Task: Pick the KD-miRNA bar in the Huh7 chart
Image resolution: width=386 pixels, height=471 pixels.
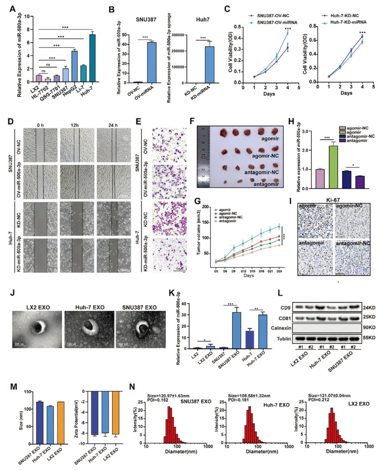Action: pyautogui.click(x=209, y=65)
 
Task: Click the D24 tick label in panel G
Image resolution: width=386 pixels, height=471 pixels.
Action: pyautogui.click(x=279, y=271)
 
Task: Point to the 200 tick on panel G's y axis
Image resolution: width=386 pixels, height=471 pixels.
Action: pyautogui.click(x=206, y=207)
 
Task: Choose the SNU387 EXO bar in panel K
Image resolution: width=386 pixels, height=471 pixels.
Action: pyautogui.click(x=237, y=330)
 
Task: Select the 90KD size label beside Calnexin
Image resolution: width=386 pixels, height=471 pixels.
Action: pyautogui.click(x=369, y=327)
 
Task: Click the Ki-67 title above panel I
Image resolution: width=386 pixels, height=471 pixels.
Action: pyautogui.click(x=333, y=200)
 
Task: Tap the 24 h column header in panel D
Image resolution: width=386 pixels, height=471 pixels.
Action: pyautogui.click(x=113, y=125)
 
